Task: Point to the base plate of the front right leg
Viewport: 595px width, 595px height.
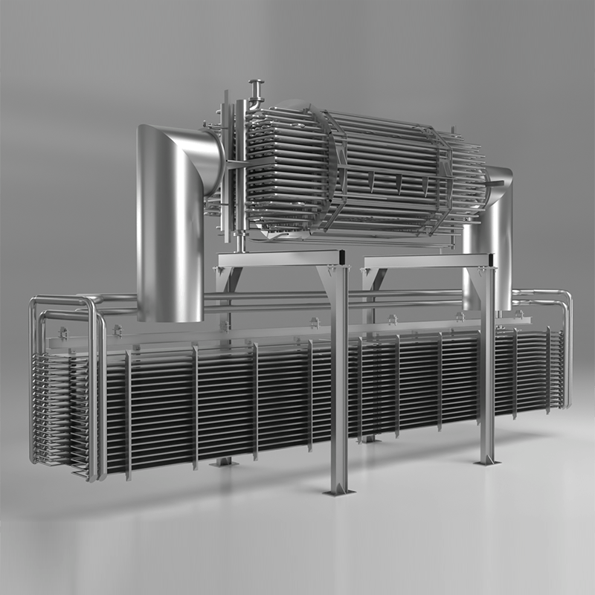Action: [x=487, y=461]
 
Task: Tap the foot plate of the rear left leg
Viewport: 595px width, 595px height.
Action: [x=222, y=462]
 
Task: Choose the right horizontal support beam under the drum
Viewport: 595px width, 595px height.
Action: [x=424, y=260]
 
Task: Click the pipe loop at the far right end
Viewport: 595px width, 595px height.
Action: [x=562, y=350]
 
